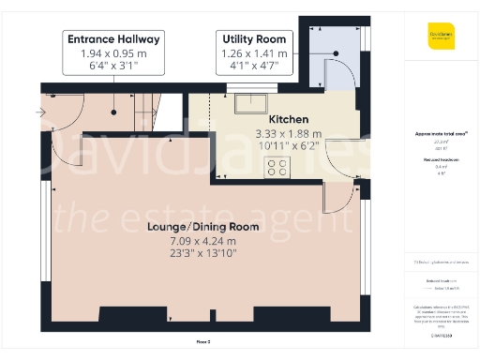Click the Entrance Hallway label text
pos(113,38)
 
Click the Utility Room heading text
pos(253,38)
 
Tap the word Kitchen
pos(289,120)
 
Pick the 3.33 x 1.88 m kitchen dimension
pos(289,134)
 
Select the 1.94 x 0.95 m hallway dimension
pos(113,53)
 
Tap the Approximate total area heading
pos(441,134)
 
